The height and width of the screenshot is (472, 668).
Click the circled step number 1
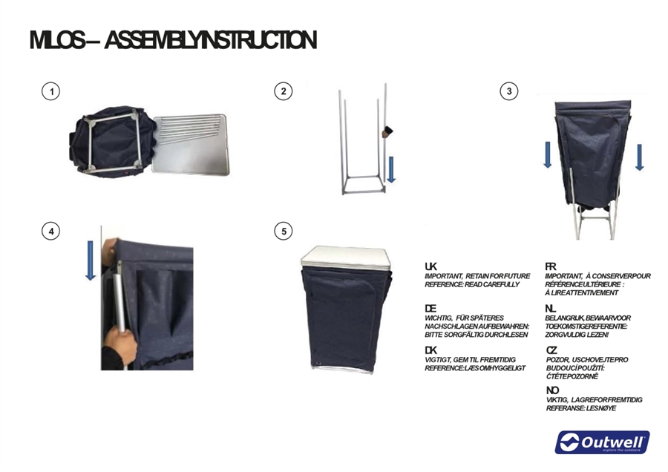point(50,91)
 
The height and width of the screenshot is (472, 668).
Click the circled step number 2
point(284,91)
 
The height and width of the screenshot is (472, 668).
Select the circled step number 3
point(508,91)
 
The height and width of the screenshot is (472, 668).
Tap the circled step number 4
point(50,232)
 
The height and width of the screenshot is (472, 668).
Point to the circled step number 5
point(284,232)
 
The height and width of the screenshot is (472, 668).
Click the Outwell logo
point(602,442)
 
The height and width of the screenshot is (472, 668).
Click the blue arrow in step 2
point(391,169)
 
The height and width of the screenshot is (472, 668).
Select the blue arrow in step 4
point(91,260)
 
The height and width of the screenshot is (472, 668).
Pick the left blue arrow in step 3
point(548,154)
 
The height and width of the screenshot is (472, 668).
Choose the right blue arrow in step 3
point(639,157)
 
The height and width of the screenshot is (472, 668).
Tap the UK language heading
point(430,266)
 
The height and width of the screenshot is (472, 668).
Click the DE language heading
point(430,309)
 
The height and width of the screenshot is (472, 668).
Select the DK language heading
point(430,350)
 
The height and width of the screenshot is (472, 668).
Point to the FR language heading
point(551,266)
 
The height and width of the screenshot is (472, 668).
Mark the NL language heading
point(551,309)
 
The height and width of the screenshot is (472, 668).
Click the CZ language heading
point(551,350)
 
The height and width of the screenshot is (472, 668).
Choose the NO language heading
point(552,390)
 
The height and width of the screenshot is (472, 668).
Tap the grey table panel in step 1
point(191,145)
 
